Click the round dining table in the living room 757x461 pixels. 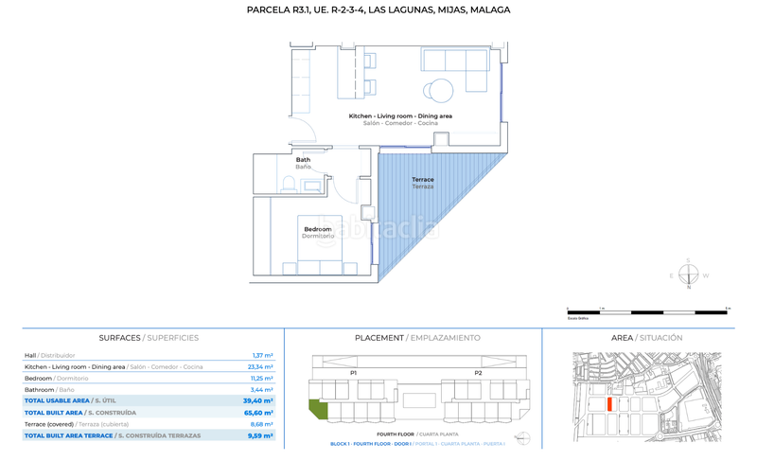pos(442,91)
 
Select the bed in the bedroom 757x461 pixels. pos(317,255)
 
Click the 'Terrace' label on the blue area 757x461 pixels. pos(422,180)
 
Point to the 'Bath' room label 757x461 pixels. pos(303,160)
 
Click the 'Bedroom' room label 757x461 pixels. pos(317,229)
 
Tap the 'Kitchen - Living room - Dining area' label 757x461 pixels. pos(400,115)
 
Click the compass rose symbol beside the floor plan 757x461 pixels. pos(688,275)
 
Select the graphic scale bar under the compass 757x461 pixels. pos(647,310)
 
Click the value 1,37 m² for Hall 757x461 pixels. pos(262,355)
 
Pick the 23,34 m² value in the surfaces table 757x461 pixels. pos(259,366)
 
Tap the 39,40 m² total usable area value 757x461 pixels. pos(258,400)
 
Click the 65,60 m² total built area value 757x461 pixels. pos(258,412)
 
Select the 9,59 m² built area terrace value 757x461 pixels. pos(260,435)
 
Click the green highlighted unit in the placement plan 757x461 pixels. pos(317,410)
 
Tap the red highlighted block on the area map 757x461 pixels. pos(610,403)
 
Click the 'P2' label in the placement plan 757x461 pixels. pos(478,373)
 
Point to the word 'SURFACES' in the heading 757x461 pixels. pos(120,338)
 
